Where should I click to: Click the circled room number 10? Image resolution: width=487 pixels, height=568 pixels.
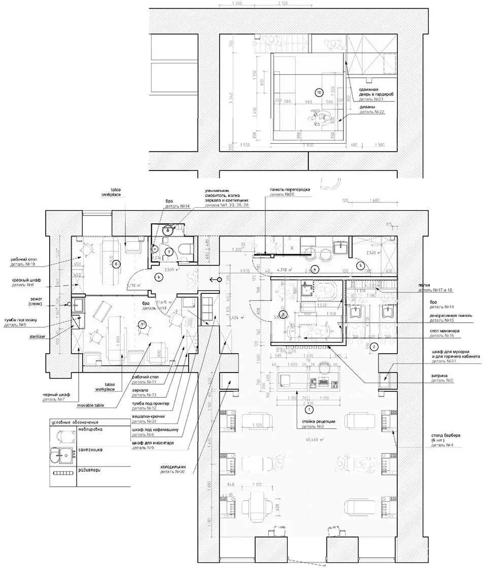pos(319,93)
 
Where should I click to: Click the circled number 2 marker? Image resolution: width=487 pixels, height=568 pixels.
pos(374,347)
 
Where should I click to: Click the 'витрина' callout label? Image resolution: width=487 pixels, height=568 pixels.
pos(434,376)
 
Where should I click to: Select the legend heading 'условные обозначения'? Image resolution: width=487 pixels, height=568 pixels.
pos(75,422)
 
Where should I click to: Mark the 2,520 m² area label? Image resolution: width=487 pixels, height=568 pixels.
pos(361,251)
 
